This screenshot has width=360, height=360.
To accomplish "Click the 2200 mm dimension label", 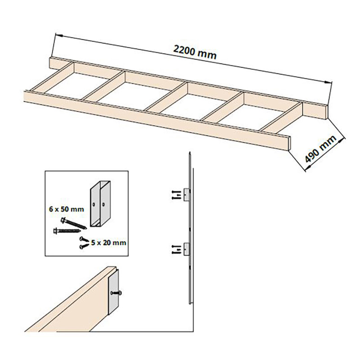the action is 195,52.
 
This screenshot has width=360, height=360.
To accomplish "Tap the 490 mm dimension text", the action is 321,148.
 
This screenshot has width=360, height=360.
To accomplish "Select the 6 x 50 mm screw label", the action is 67,209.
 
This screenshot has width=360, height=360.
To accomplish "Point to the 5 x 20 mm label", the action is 108,243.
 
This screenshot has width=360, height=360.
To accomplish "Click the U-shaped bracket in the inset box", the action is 100,204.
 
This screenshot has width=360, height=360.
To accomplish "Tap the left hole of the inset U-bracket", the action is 94,204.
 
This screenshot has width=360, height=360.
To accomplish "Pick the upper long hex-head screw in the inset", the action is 73,223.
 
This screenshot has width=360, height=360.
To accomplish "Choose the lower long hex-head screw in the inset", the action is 67,230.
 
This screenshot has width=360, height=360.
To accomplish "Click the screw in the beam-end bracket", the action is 116,293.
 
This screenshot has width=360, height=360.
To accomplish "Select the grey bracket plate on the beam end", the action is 113,292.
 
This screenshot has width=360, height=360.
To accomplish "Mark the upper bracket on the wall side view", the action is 187,195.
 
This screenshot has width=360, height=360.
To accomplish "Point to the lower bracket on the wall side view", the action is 187,249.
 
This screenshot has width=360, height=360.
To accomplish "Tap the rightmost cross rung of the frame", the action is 281,118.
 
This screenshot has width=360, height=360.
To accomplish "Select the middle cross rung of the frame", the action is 166,97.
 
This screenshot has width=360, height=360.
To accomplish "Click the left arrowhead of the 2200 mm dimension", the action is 59,35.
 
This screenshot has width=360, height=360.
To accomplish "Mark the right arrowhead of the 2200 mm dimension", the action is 328,82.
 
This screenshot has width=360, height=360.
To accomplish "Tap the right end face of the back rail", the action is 327,112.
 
